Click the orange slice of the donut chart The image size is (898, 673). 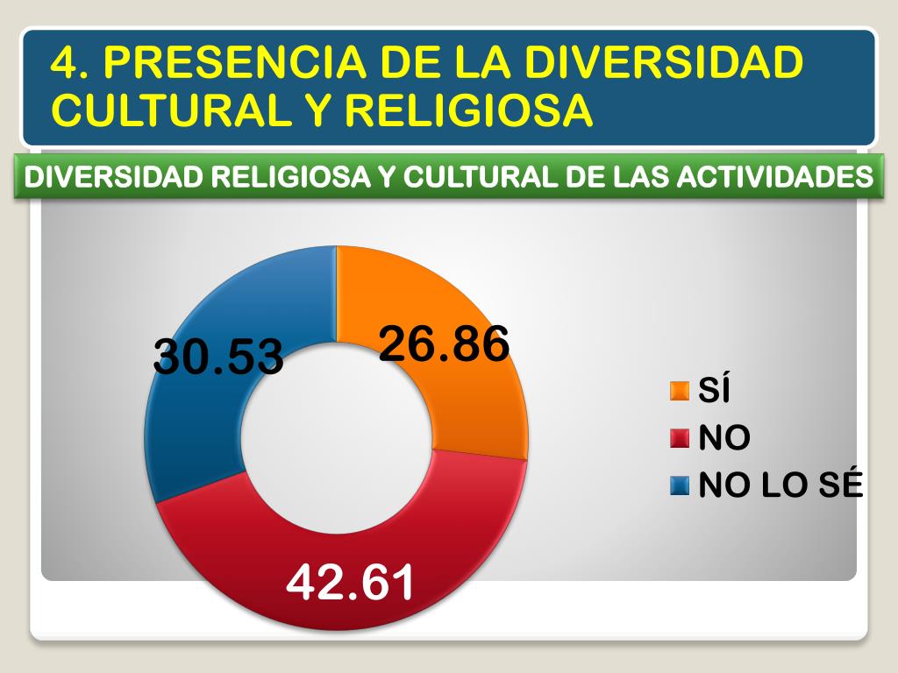click(x=474, y=394)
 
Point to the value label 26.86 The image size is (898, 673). click(x=444, y=344)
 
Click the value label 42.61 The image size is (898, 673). click(x=351, y=583)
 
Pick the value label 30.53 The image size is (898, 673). click(x=218, y=357)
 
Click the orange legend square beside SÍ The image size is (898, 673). click(x=679, y=391)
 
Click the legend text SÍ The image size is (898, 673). click(x=714, y=391)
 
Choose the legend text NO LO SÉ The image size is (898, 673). click(x=780, y=485)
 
